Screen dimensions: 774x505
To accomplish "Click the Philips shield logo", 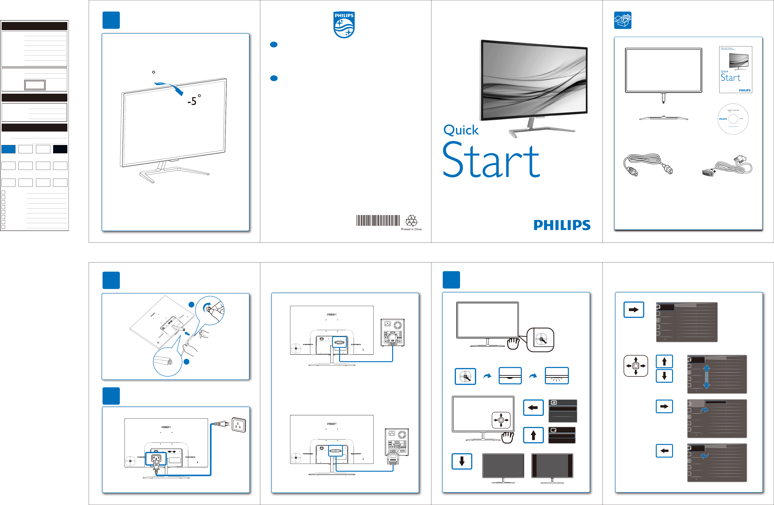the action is click(x=344, y=25).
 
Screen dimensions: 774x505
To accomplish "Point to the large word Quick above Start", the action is click(x=461, y=130).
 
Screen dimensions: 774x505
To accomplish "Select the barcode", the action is click(x=378, y=220).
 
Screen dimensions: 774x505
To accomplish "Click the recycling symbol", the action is click(x=411, y=221).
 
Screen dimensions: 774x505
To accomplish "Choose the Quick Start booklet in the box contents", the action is click(x=736, y=70).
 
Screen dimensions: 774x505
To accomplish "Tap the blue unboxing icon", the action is click(x=622, y=20).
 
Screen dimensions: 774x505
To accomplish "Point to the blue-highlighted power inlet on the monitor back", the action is click(x=156, y=458).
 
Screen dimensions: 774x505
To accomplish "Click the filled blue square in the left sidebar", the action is click(x=9, y=149).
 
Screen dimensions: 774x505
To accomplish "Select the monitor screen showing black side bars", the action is click(x=552, y=466).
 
